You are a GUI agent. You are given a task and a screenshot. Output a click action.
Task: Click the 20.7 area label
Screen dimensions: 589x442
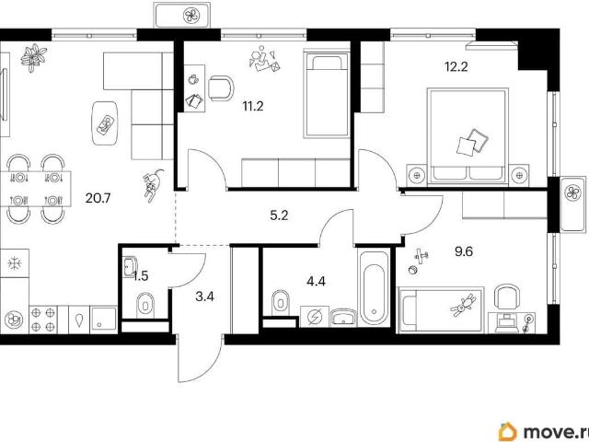[x=98, y=198]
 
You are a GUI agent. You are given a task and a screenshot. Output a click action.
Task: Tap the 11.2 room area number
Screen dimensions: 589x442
[x=253, y=107]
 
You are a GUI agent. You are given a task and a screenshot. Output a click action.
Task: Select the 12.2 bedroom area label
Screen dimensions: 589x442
[x=456, y=67]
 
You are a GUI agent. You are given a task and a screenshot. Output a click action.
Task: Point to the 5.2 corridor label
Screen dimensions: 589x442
[x=279, y=215]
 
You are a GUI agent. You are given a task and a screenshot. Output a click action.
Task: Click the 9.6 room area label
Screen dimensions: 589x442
[x=464, y=251]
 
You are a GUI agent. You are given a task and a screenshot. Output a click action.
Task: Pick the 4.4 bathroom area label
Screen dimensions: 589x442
[x=316, y=281]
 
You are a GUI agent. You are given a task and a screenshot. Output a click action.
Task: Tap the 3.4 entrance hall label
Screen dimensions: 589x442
[x=204, y=297]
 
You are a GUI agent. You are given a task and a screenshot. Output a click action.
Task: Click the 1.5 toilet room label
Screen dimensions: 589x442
[x=141, y=276]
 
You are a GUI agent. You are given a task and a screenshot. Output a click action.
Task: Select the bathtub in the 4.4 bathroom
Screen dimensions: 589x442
[x=375, y=288]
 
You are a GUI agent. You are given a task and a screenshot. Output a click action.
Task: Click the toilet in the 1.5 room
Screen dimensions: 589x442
[x=145, y=303]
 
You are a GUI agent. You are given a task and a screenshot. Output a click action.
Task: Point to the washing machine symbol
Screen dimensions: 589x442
[x=315, y=317]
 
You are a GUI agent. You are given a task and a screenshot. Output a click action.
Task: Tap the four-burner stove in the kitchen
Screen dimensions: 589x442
[x=43, y=320]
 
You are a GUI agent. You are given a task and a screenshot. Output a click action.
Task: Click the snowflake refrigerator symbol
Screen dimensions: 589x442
[x=15, y=262]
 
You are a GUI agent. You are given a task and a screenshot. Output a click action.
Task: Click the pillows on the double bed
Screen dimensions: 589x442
[x=472, y=142]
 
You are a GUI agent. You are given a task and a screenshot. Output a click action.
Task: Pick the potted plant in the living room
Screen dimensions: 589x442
[x=34, y=57]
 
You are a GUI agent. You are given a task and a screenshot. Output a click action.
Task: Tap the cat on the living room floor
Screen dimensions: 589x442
[x=153, y=185]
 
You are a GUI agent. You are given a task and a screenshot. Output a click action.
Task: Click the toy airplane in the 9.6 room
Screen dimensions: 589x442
[x=422, y=256]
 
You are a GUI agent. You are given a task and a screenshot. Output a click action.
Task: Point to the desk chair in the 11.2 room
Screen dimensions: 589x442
[x=221, y=88]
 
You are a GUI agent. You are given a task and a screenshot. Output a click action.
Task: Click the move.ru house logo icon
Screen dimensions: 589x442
[x=507, y=432]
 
